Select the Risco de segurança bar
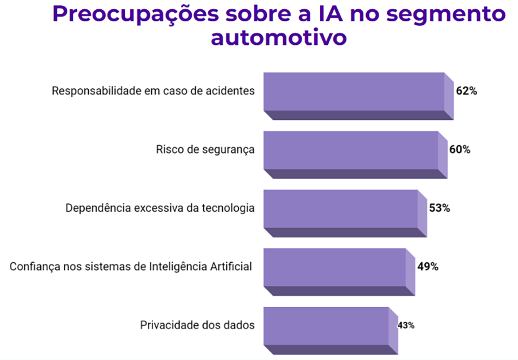pyautogui.click(x=351, y=150)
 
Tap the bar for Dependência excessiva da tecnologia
pyautogui.click(x=341, y=209)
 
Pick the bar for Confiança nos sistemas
pyautogui.click(x=335, y=267)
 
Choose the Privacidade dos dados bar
pyautogui.click(x=326, y=325)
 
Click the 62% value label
pyautogui.click(x=466, y=91)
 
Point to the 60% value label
pyautogui.click(x=460, y=150)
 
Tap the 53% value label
pyautogui.click(x=439, y=208)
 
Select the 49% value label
pyautogui.click(x=428, y=267)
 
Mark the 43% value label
pyautogui.click(x=406, y=325)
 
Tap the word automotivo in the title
pyautogui.click(x=279, y=37)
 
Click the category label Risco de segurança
pyautogui.click(x=205, y=150)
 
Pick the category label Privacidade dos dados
pyautogui.click(x=197, y=325)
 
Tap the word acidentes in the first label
pyautogui.click(x=233, y=92)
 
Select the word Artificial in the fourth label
pyautogui.click(x=233, y=267)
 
